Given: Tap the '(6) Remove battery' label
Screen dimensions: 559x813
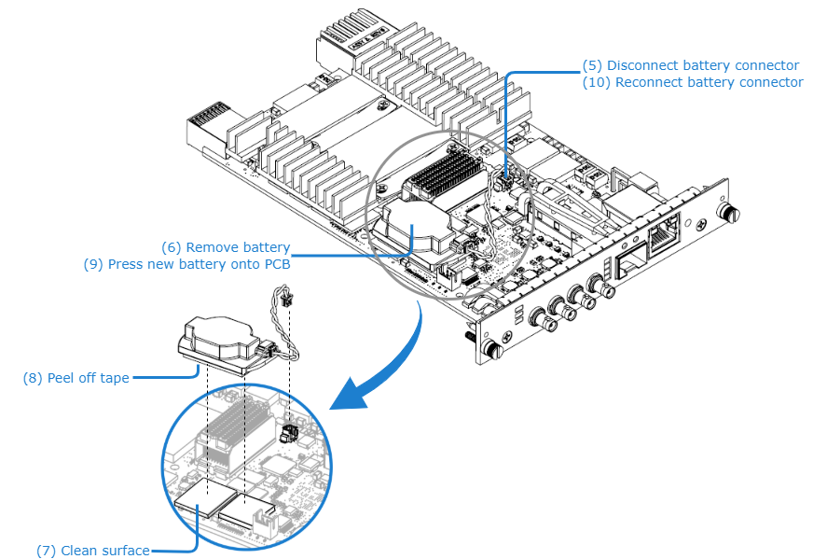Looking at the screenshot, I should pos(225,247).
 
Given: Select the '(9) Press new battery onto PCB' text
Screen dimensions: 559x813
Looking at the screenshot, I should pos(186,264).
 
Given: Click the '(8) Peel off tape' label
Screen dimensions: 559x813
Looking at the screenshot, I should pos(76,378).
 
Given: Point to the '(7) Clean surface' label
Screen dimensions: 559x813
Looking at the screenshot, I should pos(93,551).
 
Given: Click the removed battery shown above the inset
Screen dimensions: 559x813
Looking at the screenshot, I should pos(219,341).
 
